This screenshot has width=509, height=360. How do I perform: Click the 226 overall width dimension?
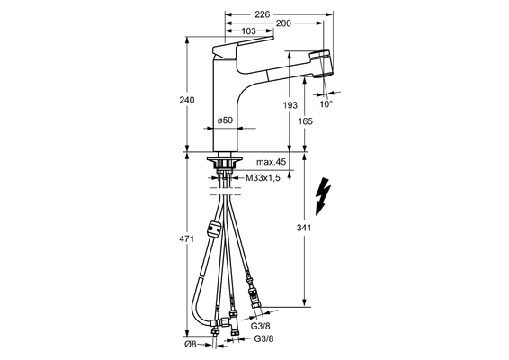pyautogui.click(x=263, y=14)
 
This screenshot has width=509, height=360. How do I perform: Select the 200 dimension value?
pyautogui.click(x=283, y=23)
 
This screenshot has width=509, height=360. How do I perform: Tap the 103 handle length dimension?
pyautogui.click(x=249, y=31)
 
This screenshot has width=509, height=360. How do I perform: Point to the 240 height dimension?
pyautogui.click(x=187, y=100)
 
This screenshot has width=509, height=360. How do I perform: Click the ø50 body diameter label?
pyautogui.click(x=225, y=121)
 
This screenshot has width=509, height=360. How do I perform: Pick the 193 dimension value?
pyautogui.click(x=290, y=105)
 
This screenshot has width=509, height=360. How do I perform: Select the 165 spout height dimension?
pyautogui.click(x=305, y=121)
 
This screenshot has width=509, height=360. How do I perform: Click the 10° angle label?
pyautogui.click(x=326, y=104)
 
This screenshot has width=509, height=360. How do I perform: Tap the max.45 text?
pyautogui.click(x=271, y=162)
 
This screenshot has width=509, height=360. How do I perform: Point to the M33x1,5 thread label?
pyautogui.click(x=263, y=177)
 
